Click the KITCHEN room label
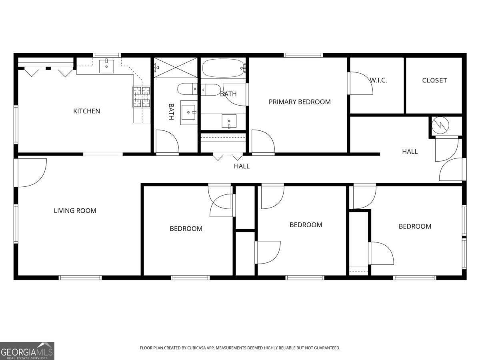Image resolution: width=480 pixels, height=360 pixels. click(86, 111)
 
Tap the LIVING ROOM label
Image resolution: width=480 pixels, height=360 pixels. click(75, 211)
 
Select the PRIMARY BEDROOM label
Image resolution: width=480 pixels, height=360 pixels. click(300, 102)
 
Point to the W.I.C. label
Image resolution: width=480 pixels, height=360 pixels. click(378, 80)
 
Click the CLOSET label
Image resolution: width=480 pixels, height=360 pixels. click(434, 80)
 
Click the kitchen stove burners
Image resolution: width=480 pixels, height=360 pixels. click(141, 97)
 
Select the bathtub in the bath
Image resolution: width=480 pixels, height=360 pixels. click(223, 68)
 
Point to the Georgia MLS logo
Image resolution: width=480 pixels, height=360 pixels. click(27, 351)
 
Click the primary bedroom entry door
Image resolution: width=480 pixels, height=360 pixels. click(263, 142)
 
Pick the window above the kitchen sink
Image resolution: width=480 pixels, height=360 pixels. click(107, 55)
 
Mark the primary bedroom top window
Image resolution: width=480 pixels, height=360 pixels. click(303, 55)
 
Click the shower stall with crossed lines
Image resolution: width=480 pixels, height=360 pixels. click(176, 68)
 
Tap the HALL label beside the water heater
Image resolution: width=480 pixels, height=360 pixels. click(410, 152)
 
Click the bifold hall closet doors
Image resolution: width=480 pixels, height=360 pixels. click(228, 157)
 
